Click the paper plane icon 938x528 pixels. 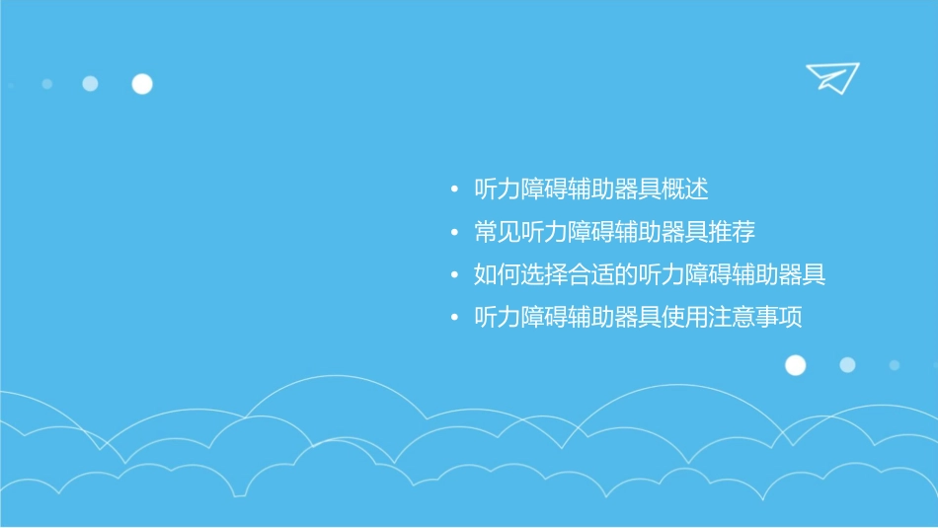(831, 77)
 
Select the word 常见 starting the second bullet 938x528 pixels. (498, 233)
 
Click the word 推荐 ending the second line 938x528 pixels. (732, 233)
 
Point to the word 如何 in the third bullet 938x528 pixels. (498, 275)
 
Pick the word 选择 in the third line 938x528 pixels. (544, 275)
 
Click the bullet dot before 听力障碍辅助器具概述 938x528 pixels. (453, 189)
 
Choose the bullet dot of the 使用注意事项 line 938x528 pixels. (453, 319)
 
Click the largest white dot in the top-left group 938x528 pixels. (142, 84)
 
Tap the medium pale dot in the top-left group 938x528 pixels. (90, 84)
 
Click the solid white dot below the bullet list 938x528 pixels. (795, 365)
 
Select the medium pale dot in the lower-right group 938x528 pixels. (847, 365)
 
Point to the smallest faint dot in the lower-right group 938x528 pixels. (894, 365)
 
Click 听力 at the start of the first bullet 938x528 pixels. (498, 189)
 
